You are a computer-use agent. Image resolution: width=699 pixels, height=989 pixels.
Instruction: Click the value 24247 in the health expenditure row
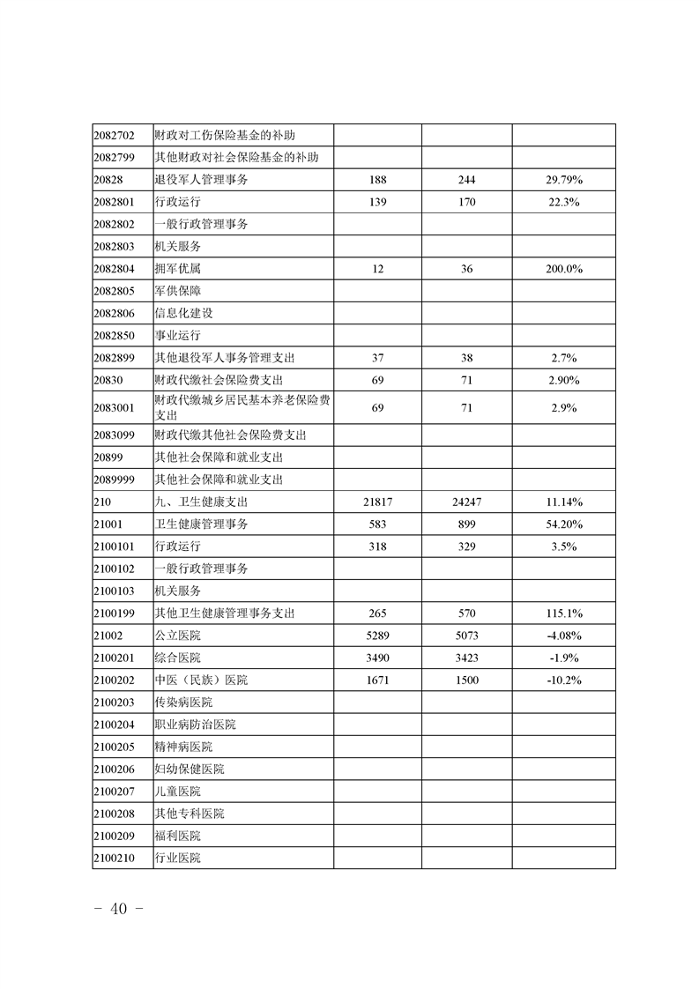[x=466, y=502]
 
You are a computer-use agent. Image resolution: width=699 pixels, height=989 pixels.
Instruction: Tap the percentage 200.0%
[x=563, y=269]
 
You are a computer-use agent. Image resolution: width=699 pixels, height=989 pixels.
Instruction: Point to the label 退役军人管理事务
[x=201, y=180]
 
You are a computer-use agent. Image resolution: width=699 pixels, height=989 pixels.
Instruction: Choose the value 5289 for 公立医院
[x=377, y=636]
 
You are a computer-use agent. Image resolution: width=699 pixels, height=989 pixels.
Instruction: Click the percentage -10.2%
[x=563, y=680]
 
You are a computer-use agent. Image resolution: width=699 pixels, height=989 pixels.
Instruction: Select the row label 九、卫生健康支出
[x=201, y=502]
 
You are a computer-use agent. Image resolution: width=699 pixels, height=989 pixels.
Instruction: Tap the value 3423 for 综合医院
[x=466, y=658]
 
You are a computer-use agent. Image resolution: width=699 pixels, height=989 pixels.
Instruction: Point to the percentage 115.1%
[x=563, y=613]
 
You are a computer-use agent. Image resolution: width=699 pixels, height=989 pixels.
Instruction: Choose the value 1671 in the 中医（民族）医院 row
[x=377, y=680]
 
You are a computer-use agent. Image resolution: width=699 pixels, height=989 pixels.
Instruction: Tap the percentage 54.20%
[x=563, y=524]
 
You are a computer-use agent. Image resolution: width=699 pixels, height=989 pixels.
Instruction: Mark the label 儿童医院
[x=177, y=791]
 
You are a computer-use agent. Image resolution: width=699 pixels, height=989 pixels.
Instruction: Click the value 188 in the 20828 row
[x=377, y=180]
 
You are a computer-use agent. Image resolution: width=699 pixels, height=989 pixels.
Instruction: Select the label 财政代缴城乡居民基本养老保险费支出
[x=242, y=407]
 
